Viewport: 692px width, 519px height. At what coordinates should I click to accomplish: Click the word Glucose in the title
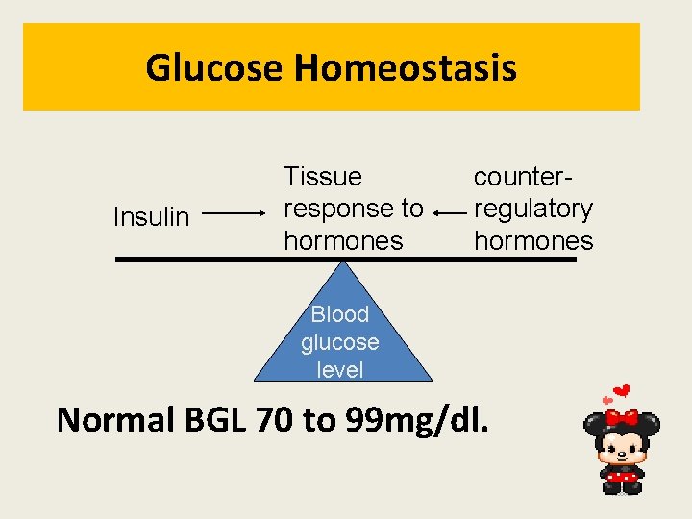point(214,68)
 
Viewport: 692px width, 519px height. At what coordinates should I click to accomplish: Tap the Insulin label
point(151,217)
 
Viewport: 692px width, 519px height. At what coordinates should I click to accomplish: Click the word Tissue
point(322,177)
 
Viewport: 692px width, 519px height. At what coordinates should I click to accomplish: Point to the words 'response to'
point(353,209)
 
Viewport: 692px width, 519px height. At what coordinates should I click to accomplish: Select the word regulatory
point(532,209)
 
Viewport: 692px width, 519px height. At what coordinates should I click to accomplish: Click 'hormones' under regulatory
point(532,240)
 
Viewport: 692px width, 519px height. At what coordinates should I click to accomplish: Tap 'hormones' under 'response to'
point(343,240)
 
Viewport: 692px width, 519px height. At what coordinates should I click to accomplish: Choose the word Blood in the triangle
point(340,314)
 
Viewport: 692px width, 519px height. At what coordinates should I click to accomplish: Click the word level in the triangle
point(340,369)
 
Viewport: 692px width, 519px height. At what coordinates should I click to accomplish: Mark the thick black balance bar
point(192,259)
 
